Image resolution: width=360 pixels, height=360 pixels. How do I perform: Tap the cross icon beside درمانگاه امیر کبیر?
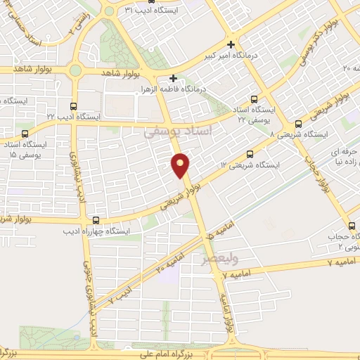point(231,44)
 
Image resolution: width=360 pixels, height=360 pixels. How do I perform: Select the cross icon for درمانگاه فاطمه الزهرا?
point(174,78)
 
